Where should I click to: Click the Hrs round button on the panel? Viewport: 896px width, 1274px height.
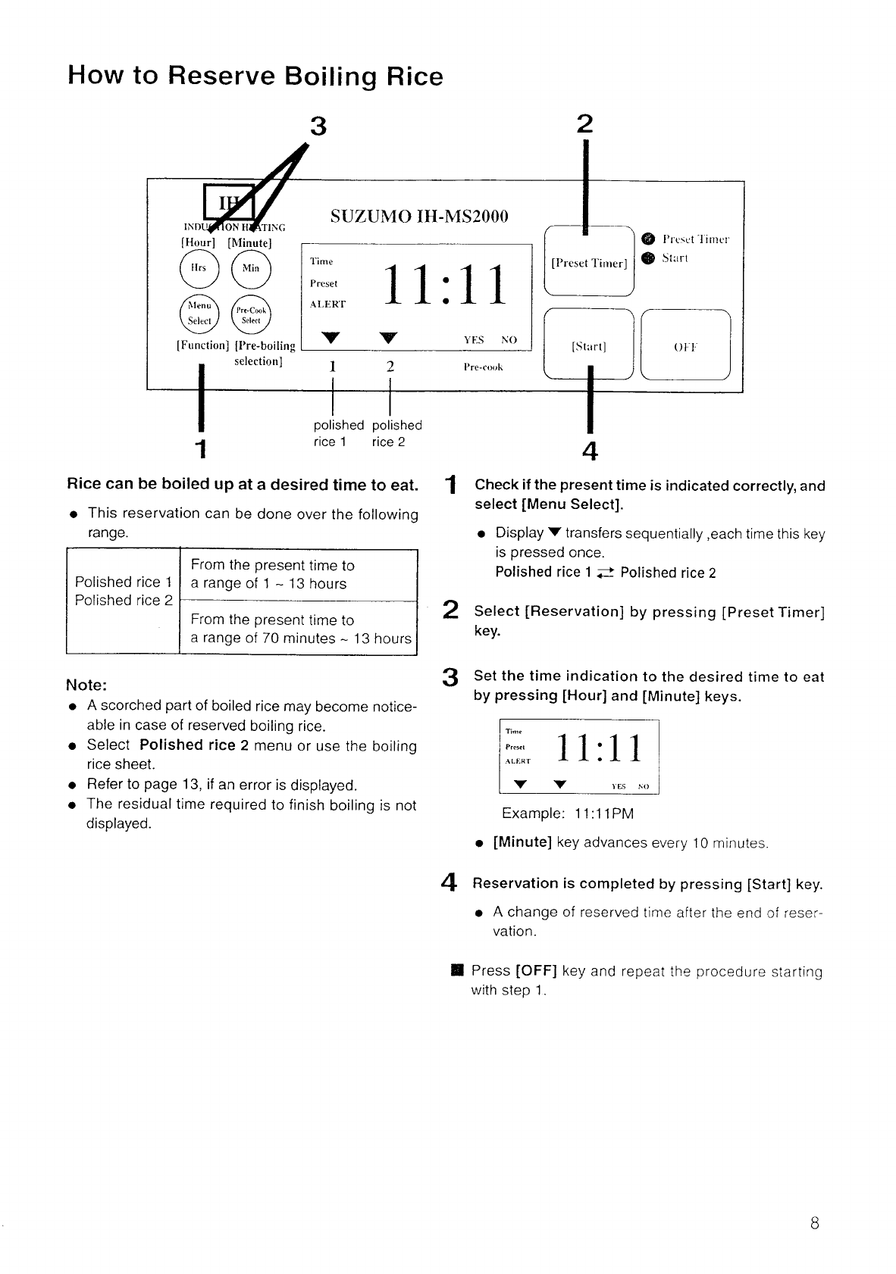click(198, 267)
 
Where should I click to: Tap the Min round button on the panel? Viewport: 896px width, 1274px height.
click(250, 267)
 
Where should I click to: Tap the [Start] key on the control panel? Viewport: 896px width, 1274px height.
click(589, 347)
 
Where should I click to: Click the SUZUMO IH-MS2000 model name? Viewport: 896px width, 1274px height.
click(419, 217)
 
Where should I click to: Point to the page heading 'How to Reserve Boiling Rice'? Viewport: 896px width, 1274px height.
click(255, 77)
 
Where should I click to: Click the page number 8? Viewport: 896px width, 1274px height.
click(814, 1222)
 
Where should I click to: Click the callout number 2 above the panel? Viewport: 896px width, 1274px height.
click(584, 124)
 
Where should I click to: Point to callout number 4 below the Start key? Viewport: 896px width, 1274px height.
click(590, 451)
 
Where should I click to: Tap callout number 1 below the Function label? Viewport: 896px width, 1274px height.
click(200, 448)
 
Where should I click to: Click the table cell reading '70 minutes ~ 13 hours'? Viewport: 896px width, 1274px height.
click(301, 629)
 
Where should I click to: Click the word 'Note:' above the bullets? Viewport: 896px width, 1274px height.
click(86, 685)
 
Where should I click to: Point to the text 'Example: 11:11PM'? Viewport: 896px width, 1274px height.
click(568, 813)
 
